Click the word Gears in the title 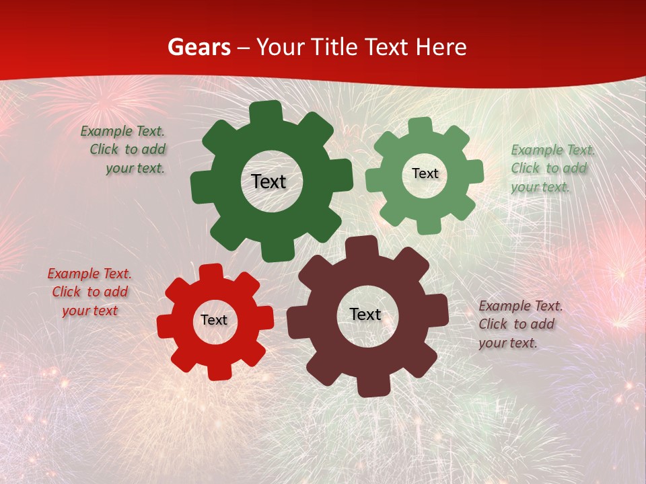pyautogui.click(x=199, y=48)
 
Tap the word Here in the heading pyautogui.click(x=441, y=47)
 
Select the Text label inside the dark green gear pyautogui.click(x=268, y=182)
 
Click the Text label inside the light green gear pyautogui.click(x=425, y=173)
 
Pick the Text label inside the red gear pyautogui.click(x=214, y=320)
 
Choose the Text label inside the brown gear pyautogui.click(x=365, y=314)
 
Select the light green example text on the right pyautogui.click(x=552, y=168)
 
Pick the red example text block pyautogui.click(x=89, y=292)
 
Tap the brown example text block pyautogui.click(x=519, y=324)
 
